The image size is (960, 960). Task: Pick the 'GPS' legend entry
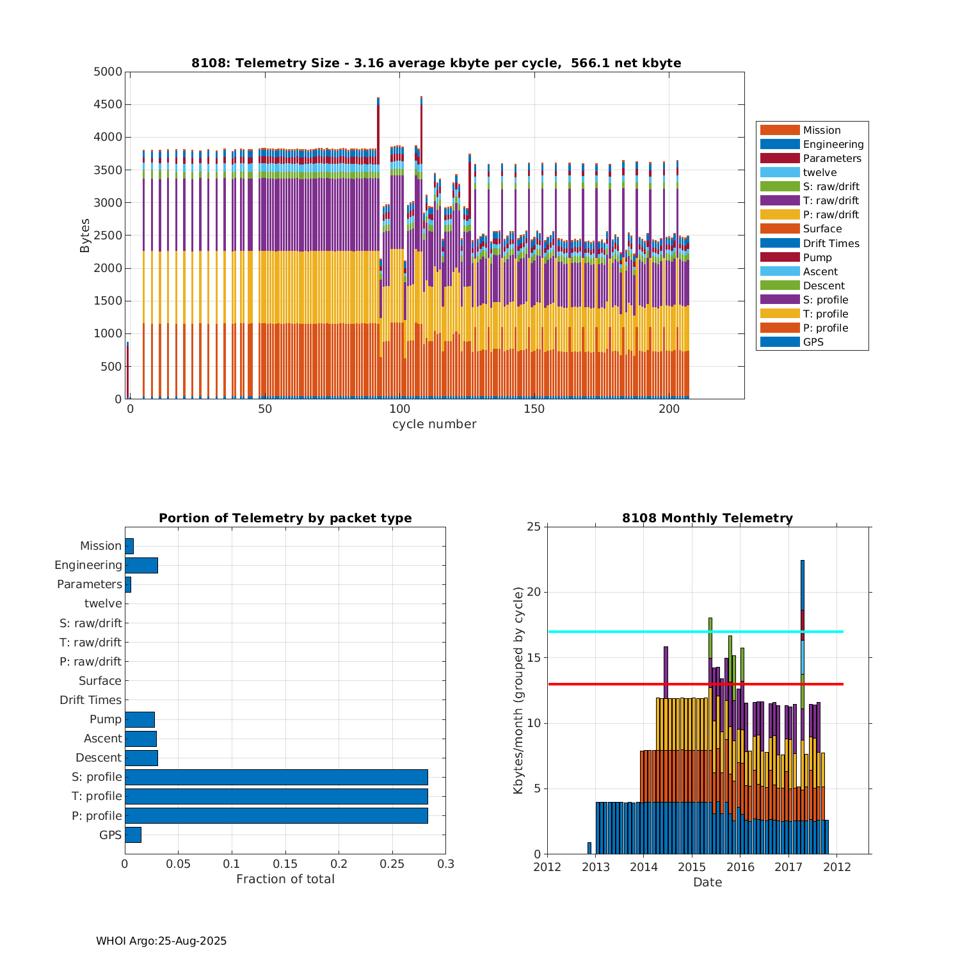813,342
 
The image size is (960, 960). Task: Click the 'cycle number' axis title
434,424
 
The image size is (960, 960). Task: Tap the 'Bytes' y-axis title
85,236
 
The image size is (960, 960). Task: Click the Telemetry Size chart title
436,63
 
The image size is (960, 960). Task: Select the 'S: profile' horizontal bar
276,777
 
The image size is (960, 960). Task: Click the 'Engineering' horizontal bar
141,565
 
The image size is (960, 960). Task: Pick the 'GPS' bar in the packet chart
132,835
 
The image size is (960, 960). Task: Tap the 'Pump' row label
105,719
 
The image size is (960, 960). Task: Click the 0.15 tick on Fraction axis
285,864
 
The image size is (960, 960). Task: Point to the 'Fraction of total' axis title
285,879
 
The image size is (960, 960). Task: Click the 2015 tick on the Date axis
691,867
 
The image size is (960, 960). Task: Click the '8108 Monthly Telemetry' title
707,518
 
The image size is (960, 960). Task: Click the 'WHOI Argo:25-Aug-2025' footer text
161,941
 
